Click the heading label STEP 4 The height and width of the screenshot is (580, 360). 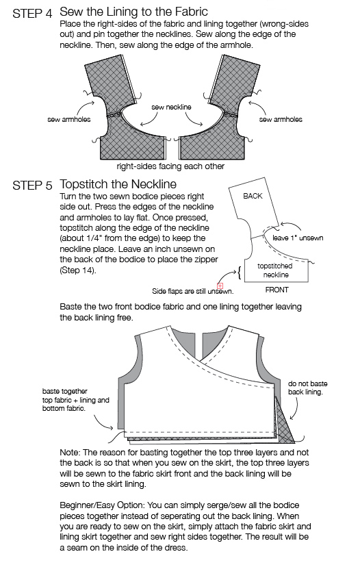coord(33,13)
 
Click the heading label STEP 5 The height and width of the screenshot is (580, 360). coord(33,186)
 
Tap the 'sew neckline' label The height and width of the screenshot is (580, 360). coord(171,108)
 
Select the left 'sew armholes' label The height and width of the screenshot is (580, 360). coord(68,119)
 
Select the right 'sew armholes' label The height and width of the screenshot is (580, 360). coord(281,119)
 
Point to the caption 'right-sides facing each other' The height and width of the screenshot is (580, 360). coord(170,166)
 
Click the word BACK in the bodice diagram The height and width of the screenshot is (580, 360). coord(253,196)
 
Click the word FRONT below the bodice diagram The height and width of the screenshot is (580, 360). coord(277,290)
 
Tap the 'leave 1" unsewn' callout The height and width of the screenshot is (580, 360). coord(298,238)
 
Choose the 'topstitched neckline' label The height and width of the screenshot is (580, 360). coord(275,270)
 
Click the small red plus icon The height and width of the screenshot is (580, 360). coord(220,286)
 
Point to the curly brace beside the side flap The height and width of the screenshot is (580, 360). coord(239,273)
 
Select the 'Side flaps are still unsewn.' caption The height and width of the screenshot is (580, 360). coord(192,292)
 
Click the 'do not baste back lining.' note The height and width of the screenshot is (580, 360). coord(307,388)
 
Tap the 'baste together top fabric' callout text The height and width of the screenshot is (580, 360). coord(76,400)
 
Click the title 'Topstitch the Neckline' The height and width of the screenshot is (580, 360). coord(118,184)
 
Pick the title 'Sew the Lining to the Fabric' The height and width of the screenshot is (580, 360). coord(133,12)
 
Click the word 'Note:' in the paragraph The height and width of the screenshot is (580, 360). coord(70,453)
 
